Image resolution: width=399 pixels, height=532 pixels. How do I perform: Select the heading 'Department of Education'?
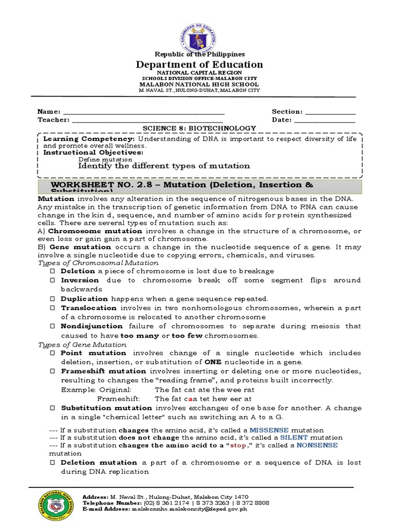coord(199,64)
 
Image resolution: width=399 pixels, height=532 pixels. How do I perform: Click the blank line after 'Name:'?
coord(143,112)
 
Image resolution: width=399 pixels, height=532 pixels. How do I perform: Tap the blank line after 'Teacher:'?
coord(148,120)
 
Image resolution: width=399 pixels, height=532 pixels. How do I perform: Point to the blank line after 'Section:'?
coord(330,112)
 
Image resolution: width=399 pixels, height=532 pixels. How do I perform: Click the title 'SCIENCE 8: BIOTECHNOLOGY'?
coord(199,128)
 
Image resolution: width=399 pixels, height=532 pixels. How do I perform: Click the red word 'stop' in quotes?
coord(238,445)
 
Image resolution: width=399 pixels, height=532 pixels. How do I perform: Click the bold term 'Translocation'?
coord(89,308)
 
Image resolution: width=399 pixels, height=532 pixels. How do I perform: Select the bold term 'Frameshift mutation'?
coord(103,371)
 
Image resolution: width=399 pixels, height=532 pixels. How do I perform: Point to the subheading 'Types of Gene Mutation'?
coord(83,344)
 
